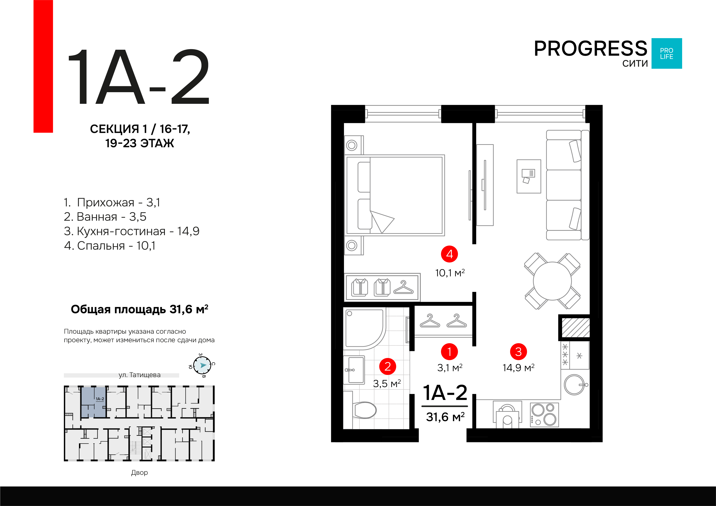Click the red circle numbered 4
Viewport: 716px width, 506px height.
[x=449, y=254]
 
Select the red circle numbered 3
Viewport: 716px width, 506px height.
[x=518, y=352]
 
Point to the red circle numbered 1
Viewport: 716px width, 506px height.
[x=449, y=352]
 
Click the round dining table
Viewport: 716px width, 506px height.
[x=552, y=281]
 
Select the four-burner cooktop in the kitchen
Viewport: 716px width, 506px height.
[x=544, y=415]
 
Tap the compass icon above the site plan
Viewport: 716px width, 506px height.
[x=202, y=365]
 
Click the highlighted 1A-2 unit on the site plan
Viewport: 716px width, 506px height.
[x=93, y=402]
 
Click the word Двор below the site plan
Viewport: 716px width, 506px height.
[x=139, y=472]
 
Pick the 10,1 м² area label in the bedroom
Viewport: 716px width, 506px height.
[x=450, y=273]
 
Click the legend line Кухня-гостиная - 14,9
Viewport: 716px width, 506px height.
[x=131, y=231]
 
